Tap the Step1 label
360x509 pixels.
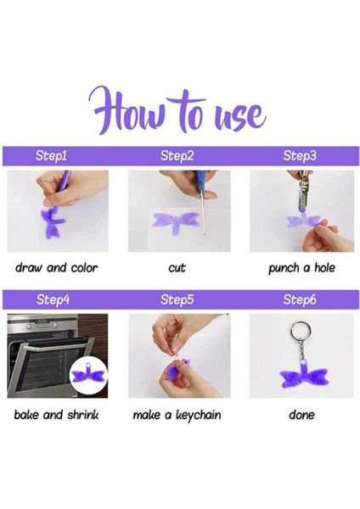(x=51, y=155)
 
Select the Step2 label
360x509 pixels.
(x=177, y=155)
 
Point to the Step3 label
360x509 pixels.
(x=299, y=155)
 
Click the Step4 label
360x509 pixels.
(x=53, y=299)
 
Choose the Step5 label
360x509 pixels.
(x=177, y=299)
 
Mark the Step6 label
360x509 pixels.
(x=299, y=299)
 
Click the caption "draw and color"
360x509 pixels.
(x=57, y=268)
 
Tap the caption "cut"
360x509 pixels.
(x=177, y=268)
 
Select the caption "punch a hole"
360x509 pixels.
(x=301, y=268)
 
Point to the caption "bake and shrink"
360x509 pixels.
(x=56, y=415)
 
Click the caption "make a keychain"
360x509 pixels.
(x=177, y=415)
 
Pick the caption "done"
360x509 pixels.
(x=301, y=415)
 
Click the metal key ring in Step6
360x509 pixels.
(x=293, y=331)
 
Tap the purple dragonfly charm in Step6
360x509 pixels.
(x=304, y=376)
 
